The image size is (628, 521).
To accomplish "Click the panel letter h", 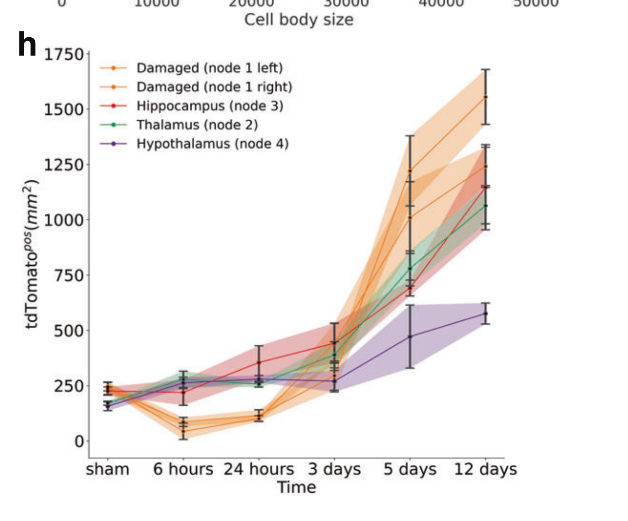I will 27,45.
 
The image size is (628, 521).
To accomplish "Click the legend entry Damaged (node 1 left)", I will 209,68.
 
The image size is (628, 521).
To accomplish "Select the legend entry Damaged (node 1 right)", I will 214,87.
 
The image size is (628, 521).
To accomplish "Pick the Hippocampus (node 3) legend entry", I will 210,106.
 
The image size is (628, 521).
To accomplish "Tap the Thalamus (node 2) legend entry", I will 197,125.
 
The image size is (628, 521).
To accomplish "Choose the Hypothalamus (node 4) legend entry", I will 212,144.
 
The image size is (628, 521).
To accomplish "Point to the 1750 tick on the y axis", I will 64,54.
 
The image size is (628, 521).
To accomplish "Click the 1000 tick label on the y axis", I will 64,220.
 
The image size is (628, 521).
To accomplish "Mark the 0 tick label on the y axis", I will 79,441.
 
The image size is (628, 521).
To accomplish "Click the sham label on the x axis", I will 107,469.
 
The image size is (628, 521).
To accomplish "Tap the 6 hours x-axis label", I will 183,469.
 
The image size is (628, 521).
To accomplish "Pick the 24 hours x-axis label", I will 258,469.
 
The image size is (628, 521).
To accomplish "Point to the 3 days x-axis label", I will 334,469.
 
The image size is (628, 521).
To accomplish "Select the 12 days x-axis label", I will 485,469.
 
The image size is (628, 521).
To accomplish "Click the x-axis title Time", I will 297,487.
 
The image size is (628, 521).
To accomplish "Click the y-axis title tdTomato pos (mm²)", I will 31,254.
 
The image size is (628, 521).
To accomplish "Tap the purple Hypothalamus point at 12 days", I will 485,313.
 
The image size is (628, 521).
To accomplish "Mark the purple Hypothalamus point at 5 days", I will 410,336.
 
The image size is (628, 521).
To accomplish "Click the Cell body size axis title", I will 299,20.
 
